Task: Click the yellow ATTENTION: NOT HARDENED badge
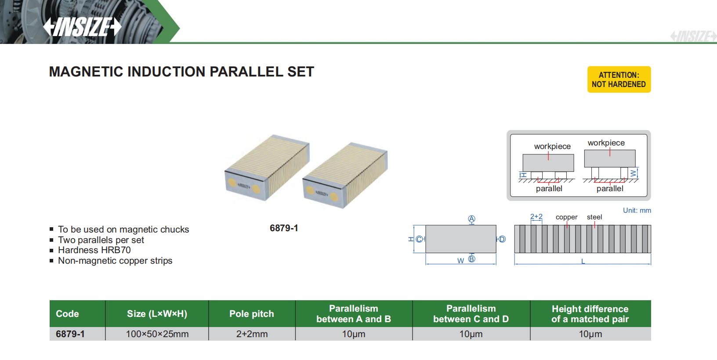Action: (x=619, y=80)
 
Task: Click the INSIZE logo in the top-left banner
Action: (x=82, y=27)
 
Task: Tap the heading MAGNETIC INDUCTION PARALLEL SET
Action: (x=181, y=72)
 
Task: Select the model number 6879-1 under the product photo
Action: (x=284, y=228)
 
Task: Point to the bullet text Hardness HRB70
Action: (x=94, y=250)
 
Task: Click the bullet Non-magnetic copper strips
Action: (x=115, y=261)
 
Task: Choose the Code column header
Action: (x=67, y=314)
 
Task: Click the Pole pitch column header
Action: (x=251, y=314)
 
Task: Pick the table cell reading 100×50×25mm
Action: (x=157, y=334)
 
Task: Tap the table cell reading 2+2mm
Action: (x=252, y=334)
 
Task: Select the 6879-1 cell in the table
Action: (x=70, y=334)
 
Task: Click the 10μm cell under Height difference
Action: (x=590, y=334)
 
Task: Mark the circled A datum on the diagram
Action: (x=471, y=219)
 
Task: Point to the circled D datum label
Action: (x=502, y=239)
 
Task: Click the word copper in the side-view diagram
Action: (x=566, y=217)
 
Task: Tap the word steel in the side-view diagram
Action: (x=594, y=217)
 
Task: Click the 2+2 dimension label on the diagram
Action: (x=536, y=217)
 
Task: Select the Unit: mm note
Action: (x=637, y=211)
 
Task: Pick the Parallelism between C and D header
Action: (x=471, y=314)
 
